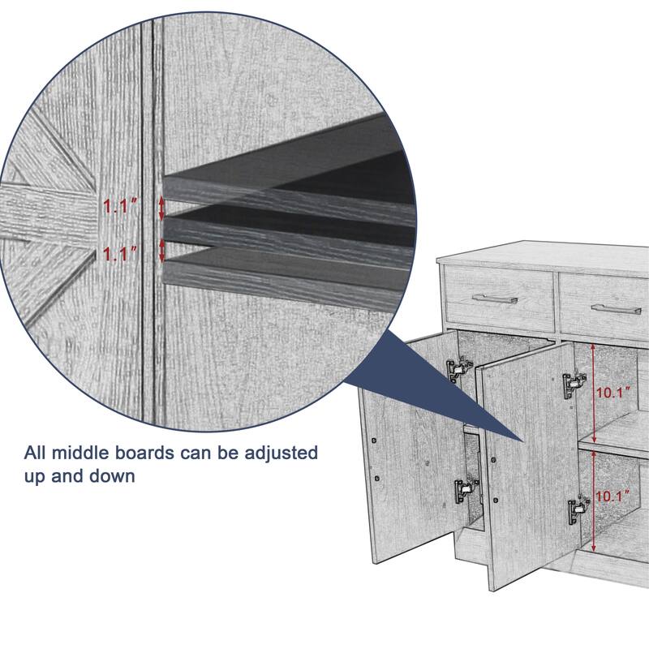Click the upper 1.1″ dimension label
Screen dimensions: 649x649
pyautogui.click(x=119, y=206)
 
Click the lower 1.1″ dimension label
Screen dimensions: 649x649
pyautogui.click(x=119, y=254)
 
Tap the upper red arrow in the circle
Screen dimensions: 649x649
pyautogui.click(x=161, y=208)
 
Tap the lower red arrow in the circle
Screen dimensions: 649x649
pyautogui.click(x=161, y=250)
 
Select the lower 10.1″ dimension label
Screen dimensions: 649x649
pyautogui.click(x=612, y=496)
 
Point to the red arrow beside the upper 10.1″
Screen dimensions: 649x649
pyautogui.click(x=594, y=393)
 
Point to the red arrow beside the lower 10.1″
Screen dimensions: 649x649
pyautogui.click(x=594, y=501)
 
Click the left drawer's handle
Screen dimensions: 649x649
pyautogui.click(x=495, y=298)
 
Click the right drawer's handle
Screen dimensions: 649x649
pyautogui.click(x=616, y=309)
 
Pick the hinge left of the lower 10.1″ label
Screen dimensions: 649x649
pyautogui.click(x=578, y=510)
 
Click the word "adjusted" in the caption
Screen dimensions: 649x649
pyautogui.click(x=281, y=453)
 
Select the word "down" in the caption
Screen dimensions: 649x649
pyautogui.click(x=112, y=476)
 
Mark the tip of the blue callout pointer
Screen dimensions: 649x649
pyautogui.click(x=523, y=441)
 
